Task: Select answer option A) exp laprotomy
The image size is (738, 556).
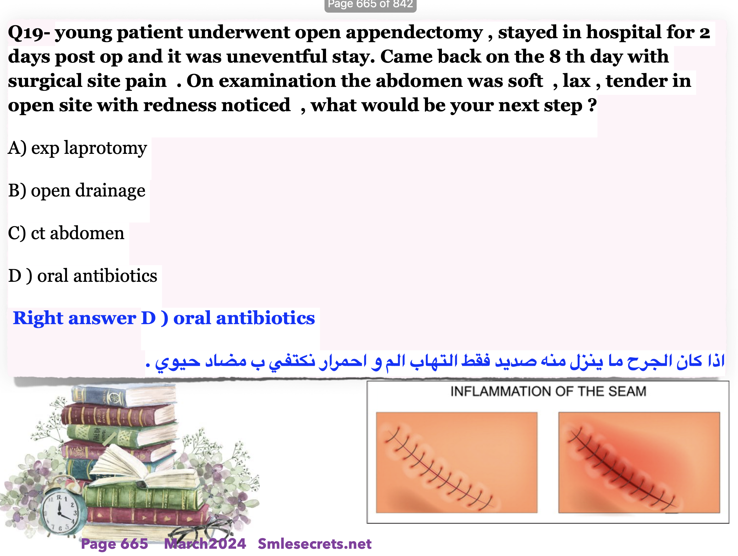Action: [x=77, y=148]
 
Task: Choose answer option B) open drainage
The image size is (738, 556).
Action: [x=77, y=191]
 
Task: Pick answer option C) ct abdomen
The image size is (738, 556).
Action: [x=66, y=233]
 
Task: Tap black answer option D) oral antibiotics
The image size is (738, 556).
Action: [x=83, y=276]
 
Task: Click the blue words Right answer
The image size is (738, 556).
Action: [x=74, y=318]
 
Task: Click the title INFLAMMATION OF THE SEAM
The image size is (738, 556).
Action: [x=548, y=391]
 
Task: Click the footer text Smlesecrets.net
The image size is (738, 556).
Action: [x=315, y=544]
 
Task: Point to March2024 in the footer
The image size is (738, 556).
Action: [x=205, y=544]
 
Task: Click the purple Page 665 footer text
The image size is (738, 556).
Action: [x=115, y=544]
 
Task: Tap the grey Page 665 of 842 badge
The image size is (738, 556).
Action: [x=370, y=5]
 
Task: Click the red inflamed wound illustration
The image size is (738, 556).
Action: [x=639, y=462]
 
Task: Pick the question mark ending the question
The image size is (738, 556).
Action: [x=592, y=105]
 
